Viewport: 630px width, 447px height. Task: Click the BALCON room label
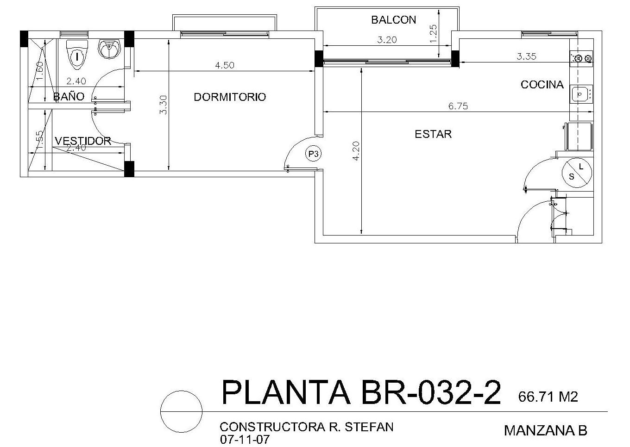(x=393, y=20)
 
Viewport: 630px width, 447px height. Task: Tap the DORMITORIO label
(x=230, y=97)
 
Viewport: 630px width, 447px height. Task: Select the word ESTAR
(x=433, y=134)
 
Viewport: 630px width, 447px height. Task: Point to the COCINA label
(x=542, y=85)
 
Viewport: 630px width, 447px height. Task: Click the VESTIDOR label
(x=82, y=141)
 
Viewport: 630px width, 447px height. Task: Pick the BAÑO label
(x=69, y=96)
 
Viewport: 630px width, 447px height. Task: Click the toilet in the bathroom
(x=77, y=54)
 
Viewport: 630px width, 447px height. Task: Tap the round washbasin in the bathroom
(x=109, y=49)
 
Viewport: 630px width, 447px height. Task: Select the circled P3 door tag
(x=313, y=154)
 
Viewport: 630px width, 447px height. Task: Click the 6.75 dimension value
(x=458, y=106)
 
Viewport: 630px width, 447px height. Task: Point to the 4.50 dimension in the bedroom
(x=224, y=65)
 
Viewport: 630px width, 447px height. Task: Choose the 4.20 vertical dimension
(x=356, y=151)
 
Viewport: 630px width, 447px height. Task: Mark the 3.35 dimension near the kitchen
(x=526, y=56)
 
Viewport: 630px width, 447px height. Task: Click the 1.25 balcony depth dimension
(x=434, y=34)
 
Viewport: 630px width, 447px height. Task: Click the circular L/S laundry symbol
(x=577, y=173)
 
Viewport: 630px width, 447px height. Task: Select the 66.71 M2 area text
(x=548, y=397)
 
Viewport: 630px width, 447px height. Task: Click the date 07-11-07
(x=245, y=440)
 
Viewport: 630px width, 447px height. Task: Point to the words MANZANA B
(x=546, y=431)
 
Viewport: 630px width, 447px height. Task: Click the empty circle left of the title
(x=182, y=391)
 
